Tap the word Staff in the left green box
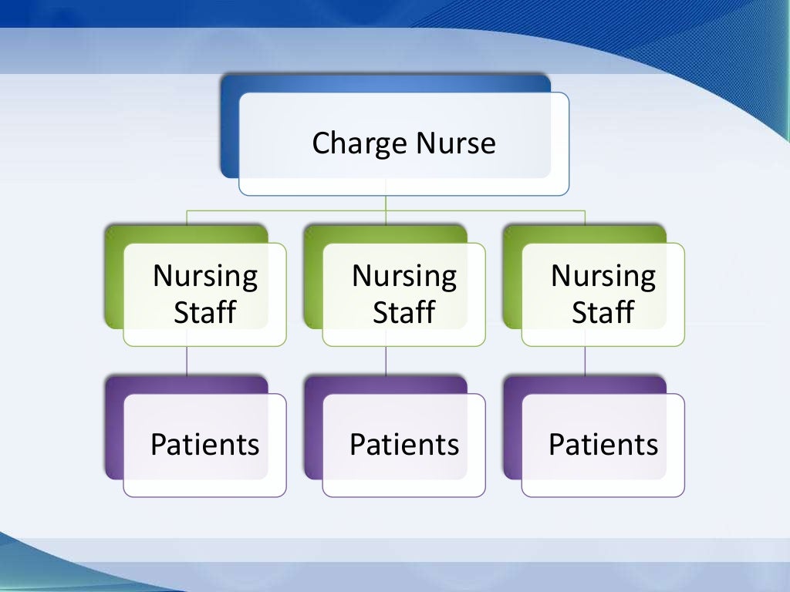(x=205, y=313)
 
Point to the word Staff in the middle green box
(x=404, y=313)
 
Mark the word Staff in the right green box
(x=603, y=313)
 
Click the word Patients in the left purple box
(x=205, y=445)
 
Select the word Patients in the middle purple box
(x=404, y=445)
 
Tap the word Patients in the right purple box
(x=603, y=445)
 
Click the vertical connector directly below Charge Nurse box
(x=386, y=202)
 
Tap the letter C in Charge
(x=322, y=144)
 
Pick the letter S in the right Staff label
(x=579, y=313)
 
